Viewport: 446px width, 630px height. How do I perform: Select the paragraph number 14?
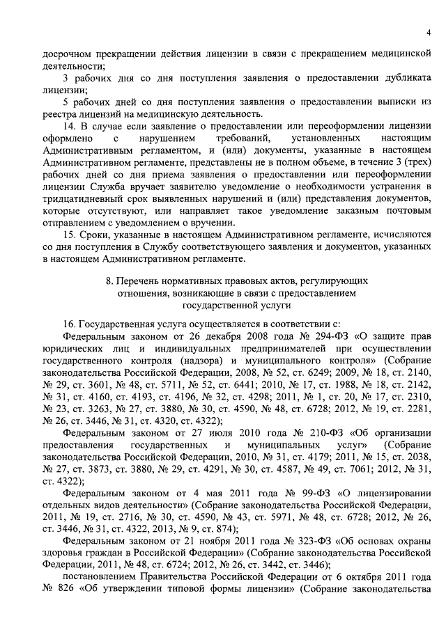pos(69,126)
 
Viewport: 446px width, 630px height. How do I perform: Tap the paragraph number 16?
pos(69,324)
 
